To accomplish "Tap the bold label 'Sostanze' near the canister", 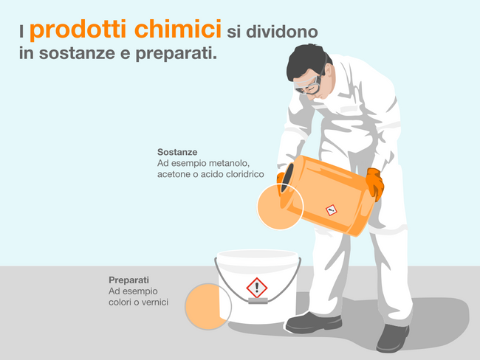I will tap(177, 152).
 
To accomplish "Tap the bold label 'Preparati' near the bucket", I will tap(128, 280).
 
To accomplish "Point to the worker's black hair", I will tap(306, 59).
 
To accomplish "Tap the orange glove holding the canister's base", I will tap(374, 184).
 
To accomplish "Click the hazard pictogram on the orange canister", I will tap(331, 210).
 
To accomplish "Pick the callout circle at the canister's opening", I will tap(280, 207).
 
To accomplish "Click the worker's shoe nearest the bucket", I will tap(313, 322).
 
